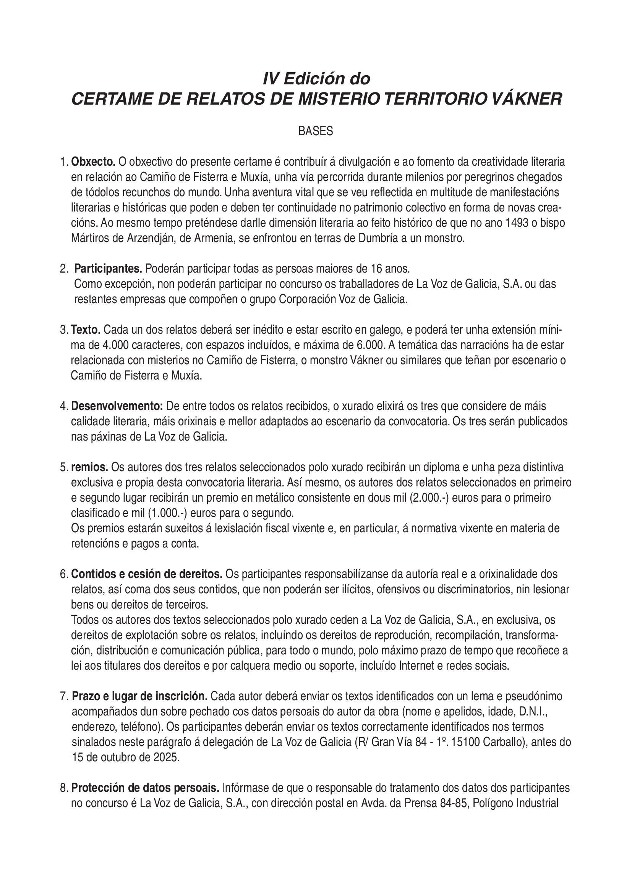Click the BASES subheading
(316, 131)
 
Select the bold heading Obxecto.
(93, 161)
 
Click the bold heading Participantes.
(108, 269)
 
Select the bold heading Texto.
(86, 330)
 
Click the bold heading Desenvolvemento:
(117, 407)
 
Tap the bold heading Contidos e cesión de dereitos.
(147, 574)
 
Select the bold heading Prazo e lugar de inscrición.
(139, 696)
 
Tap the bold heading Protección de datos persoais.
(145, 788)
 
